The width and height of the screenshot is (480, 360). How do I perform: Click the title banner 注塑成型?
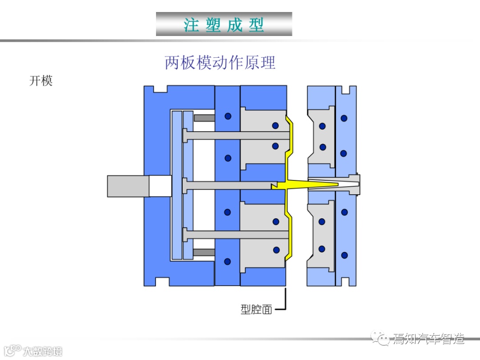224,24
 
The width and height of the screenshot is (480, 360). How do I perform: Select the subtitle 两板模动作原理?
220,63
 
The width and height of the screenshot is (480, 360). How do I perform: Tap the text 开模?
41,81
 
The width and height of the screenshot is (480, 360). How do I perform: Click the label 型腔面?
256,309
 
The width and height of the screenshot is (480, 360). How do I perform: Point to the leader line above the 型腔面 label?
285,298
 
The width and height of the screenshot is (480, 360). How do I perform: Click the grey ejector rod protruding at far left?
128,186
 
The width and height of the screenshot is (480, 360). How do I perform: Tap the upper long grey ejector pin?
236,135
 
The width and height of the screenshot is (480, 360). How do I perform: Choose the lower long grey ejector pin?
236,234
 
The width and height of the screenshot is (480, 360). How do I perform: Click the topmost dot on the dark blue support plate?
228,116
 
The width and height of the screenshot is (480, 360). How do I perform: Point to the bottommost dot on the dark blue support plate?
228,261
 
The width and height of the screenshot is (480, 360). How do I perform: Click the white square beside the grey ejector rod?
160,186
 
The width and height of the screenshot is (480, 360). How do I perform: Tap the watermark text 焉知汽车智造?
428,340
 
